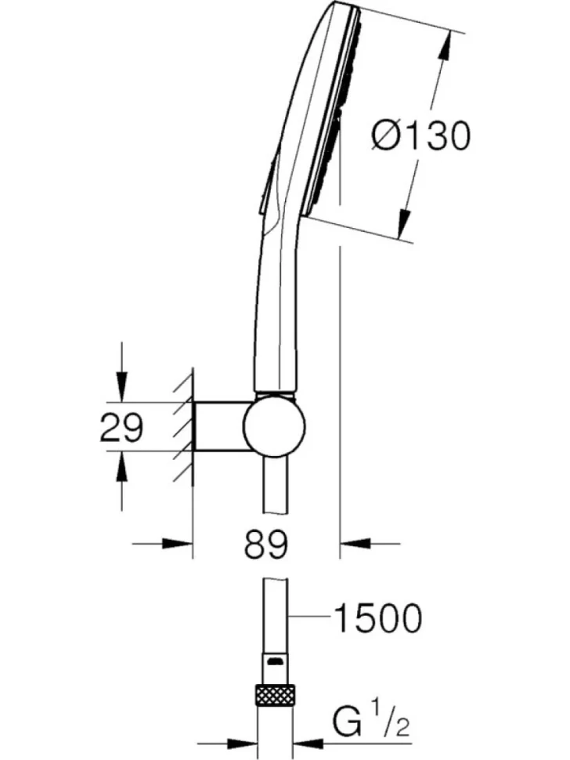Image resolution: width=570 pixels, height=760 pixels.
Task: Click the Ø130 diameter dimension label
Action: [420, 136]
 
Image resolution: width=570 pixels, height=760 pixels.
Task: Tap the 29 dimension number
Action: [121, 427]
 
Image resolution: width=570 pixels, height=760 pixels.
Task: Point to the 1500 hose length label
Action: [378, 618]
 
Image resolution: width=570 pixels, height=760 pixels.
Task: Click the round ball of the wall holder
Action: [274, 426]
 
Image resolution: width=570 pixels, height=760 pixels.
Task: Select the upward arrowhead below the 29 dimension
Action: [121, 466]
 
